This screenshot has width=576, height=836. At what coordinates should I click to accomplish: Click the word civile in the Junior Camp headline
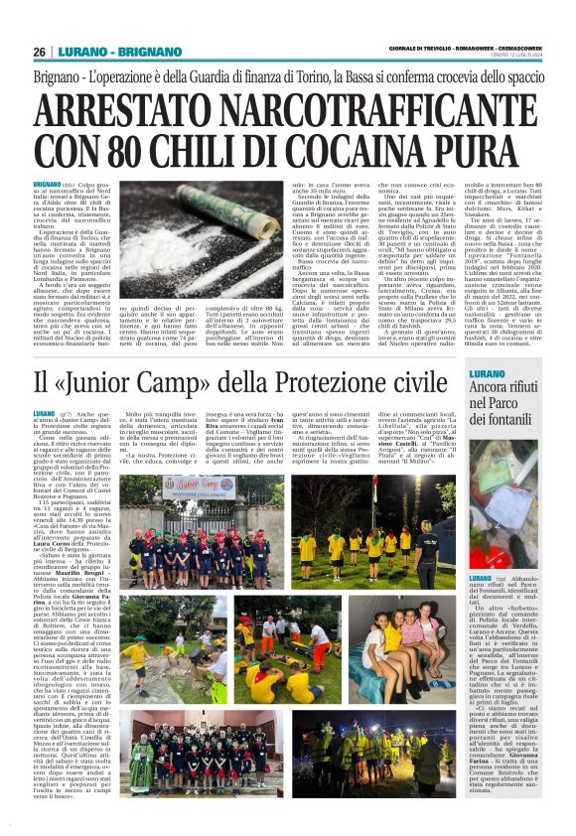point(414,382)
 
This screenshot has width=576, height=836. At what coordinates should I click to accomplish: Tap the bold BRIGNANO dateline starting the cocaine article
point(47,185)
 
